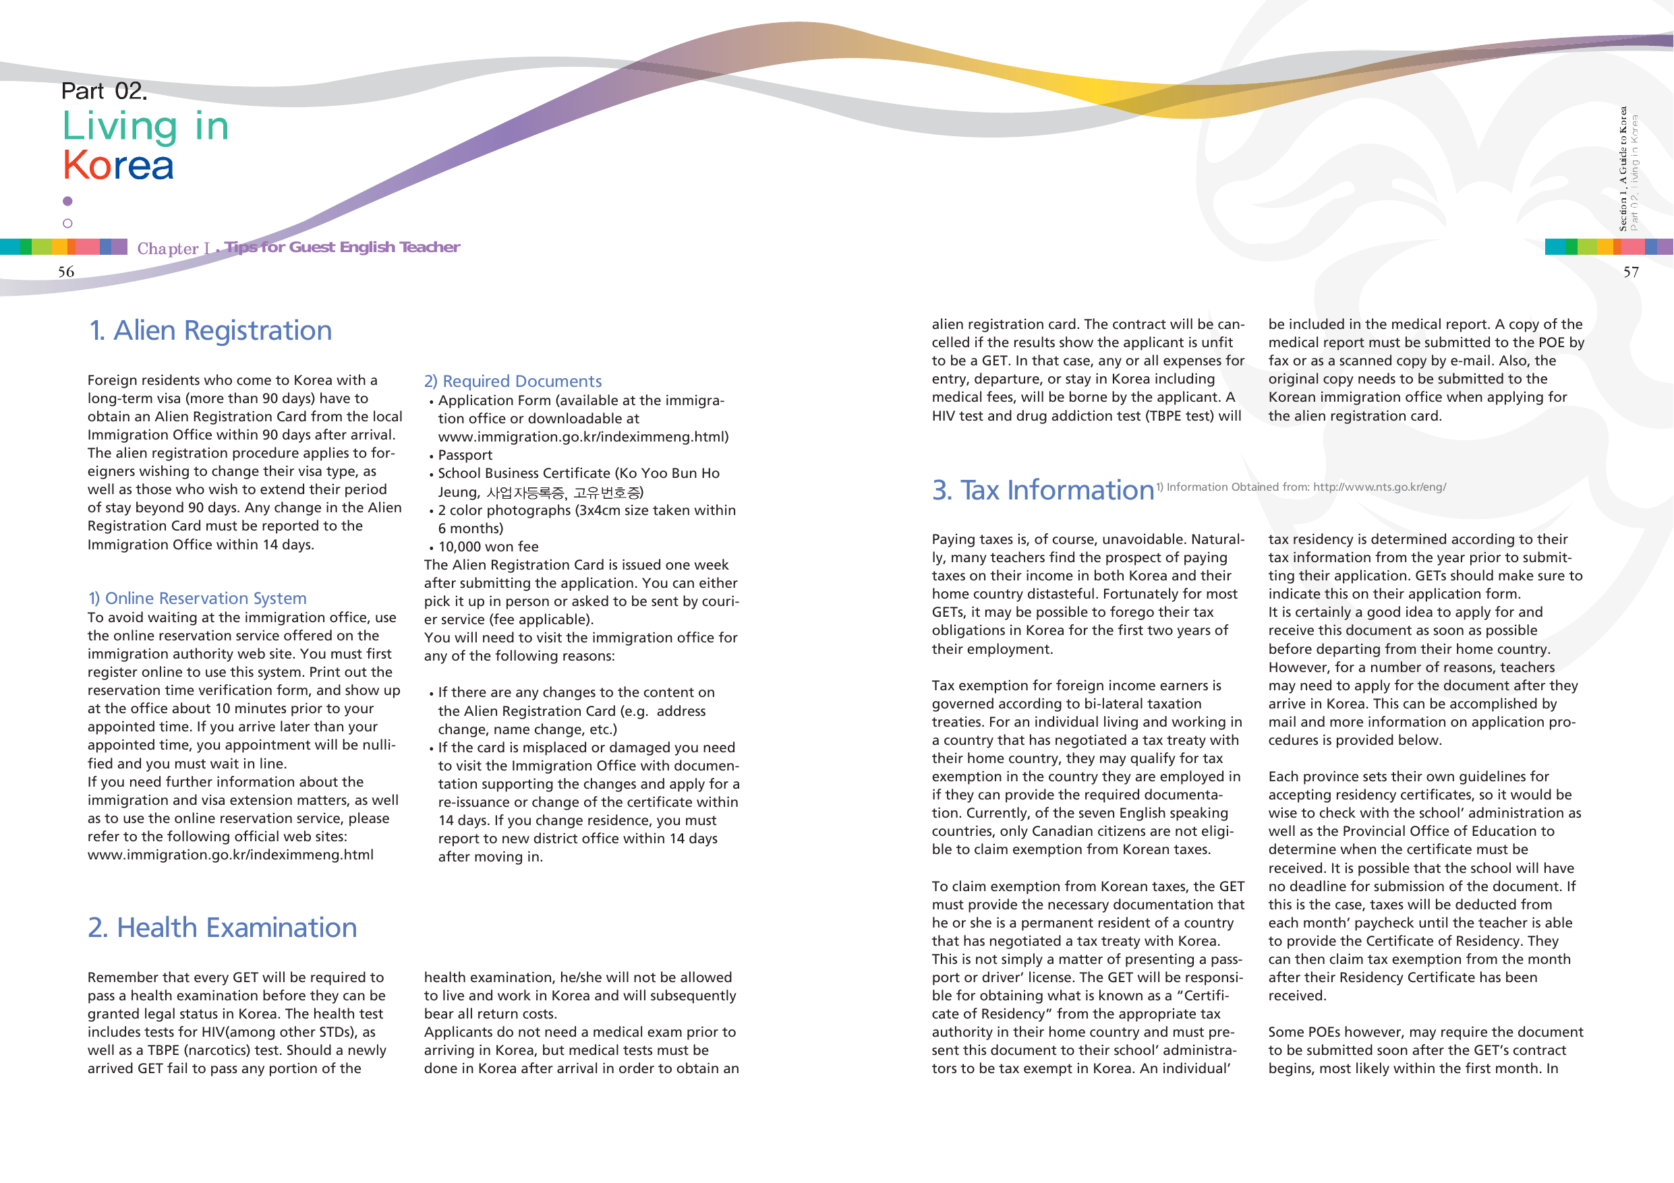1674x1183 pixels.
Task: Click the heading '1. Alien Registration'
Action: [x=210, y=331]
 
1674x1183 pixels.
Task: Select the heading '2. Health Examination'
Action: [x=223, y=928]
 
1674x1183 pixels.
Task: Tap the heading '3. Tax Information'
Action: [x=1043, y=491]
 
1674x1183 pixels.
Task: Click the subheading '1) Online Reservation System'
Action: [x=197, y=599]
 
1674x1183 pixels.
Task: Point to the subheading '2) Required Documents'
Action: [x=513, y=382]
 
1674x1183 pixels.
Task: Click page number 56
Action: [x=66, y=272]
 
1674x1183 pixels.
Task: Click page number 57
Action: [x=1631, y=272]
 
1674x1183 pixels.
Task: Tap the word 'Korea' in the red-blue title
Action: [x=118, y=165]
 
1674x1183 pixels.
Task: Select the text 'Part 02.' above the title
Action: [x=105, y=91]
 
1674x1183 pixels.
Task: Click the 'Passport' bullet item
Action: [x=465, y=456]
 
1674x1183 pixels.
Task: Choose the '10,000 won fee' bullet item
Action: [x=488, y=547]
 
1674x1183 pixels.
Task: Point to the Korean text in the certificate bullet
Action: [x=565, y=493]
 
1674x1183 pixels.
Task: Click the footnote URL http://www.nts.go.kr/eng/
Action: [x=1379, y=487]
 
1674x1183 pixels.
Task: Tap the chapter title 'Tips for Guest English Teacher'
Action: [x=342, y=247]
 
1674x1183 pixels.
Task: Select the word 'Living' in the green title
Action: [x=120, y=127]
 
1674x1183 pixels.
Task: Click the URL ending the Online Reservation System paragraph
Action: [x=231, y=855]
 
